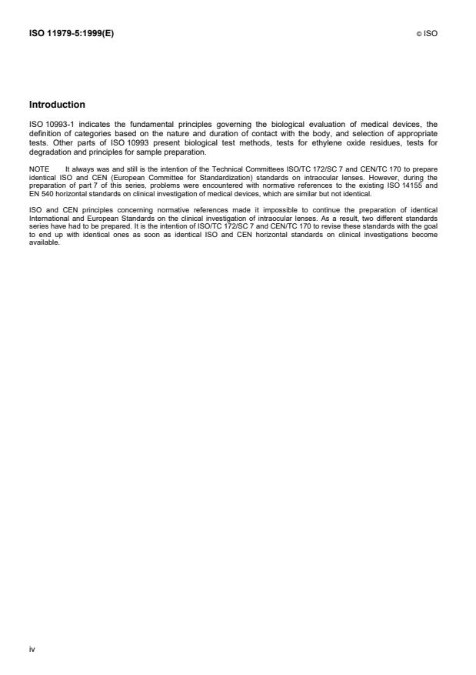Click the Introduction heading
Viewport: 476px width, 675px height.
[57, 105]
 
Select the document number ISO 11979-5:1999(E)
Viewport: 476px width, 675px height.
[71, 34]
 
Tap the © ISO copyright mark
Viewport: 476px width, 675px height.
[430, 35]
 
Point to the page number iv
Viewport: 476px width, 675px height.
[32, 648]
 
